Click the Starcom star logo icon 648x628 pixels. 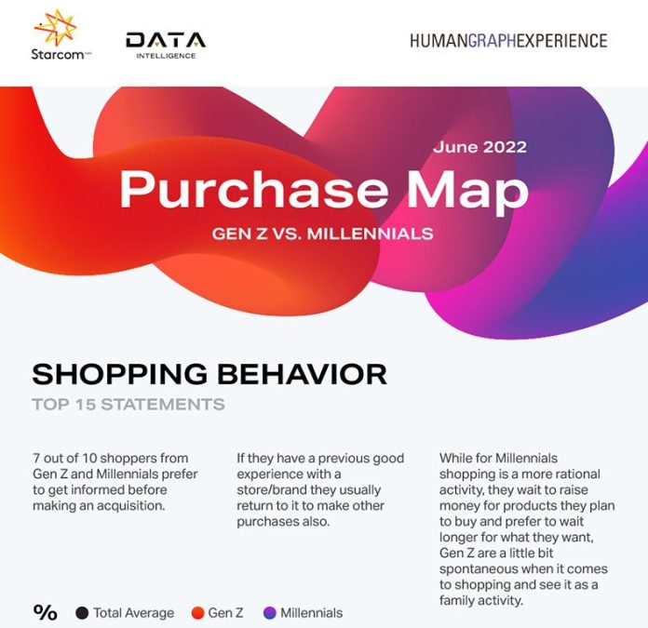pyautogui.click(x=56, y=27)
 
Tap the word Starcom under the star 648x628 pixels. pyautogui.click(x=58, y=54)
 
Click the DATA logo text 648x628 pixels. pyautogui.click(x=166, y=40)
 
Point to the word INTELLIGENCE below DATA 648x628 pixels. pyautogui.click(x=166, y=56)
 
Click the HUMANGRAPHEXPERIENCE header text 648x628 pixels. pyautogui.click(x=508, y=41)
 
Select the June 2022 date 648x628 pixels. pyautogui.click(x=479, y=147)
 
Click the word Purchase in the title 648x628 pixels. pyautogui.click(x=254, y=190)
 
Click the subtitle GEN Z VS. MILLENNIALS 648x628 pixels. pyautogui.click(x=323, y=234)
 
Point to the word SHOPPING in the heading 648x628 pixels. pyautogui.click(x=120, y=374)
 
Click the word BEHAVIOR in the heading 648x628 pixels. pyautogui.click(x=302, y=374)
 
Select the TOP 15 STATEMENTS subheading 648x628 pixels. pyautogui.click(x=128, y=404)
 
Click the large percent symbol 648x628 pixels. pyautogui.click(x=45, y=613)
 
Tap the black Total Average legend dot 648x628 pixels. pyautogui.click(x=82, y=613)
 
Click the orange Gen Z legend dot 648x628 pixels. pyautogui.click(x=198, y=613)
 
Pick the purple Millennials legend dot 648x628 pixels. pyautogui.click(x=269, y=613)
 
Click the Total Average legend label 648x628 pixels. pyautogui.click(x=133, y=613)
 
